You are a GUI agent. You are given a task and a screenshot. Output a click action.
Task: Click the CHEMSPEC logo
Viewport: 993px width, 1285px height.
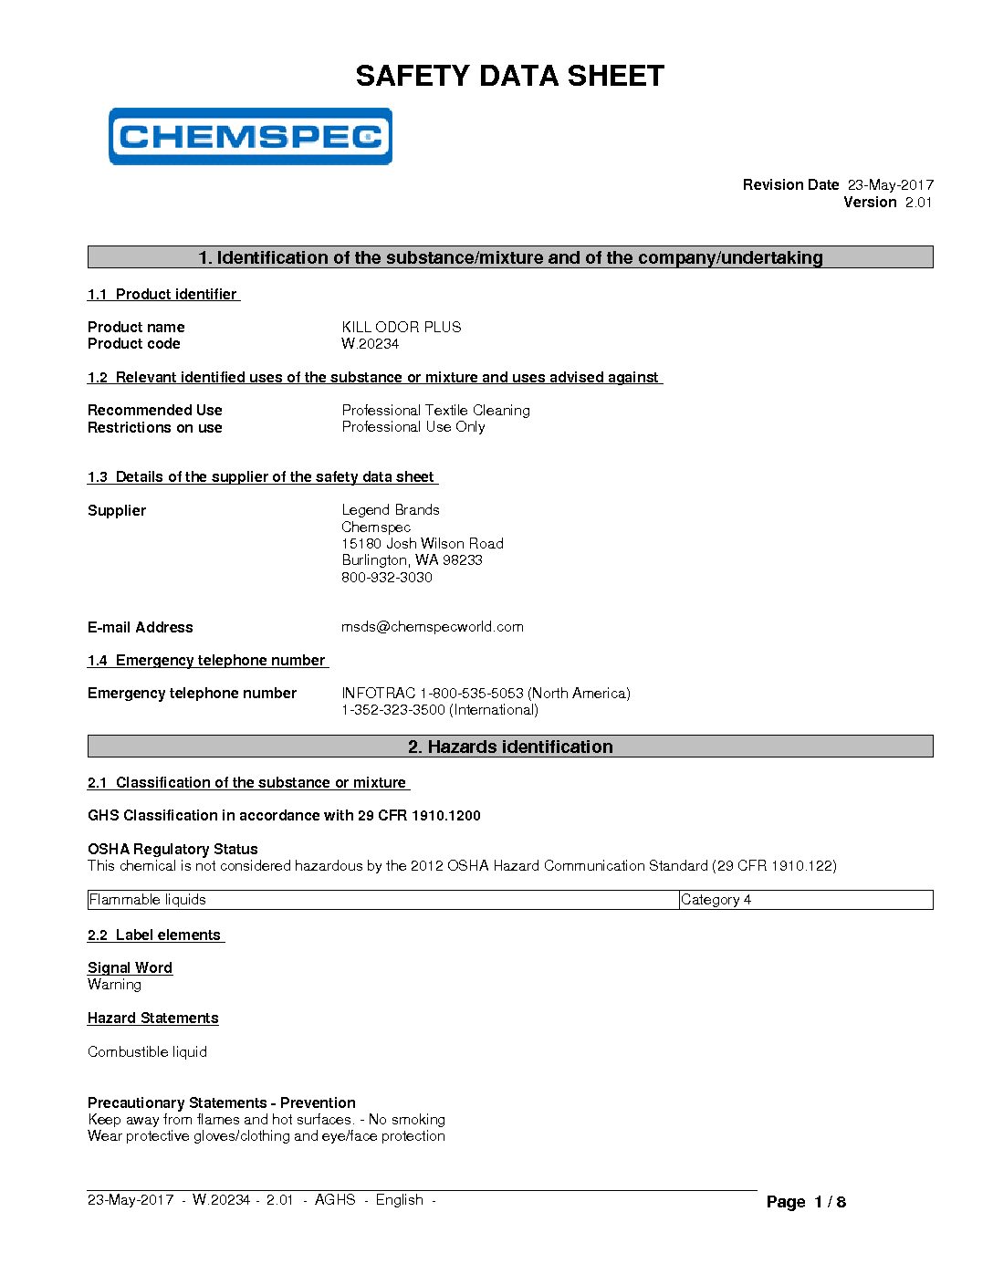point(250,137)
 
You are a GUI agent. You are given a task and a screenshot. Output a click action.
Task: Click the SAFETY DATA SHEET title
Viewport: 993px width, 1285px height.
point(509,76)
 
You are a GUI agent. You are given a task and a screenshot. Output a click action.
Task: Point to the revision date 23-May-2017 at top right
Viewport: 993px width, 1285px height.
point(890,184)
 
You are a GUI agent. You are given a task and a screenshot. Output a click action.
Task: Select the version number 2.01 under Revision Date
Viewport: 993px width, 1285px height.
point(918,202)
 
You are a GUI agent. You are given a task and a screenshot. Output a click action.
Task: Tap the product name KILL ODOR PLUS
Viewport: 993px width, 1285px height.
point(402,327)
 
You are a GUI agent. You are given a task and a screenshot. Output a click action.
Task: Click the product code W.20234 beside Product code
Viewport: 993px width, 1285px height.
point(370,343)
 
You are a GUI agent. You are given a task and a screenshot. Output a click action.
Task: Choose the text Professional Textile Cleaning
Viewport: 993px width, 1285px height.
point(435,410)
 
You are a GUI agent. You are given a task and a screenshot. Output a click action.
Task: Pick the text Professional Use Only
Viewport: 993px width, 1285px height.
point(413,426)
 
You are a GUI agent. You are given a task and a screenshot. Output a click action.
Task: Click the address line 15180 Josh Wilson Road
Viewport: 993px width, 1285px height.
point(423,543)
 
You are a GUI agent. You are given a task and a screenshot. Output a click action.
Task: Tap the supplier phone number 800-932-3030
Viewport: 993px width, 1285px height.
point(387,577)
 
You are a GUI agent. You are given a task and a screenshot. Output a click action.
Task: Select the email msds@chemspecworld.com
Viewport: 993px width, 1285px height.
point(433,626)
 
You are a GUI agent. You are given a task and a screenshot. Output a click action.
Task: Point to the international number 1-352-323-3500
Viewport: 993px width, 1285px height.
point(393,709)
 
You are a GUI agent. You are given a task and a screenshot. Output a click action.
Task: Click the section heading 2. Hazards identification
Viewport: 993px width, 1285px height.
point(510,747)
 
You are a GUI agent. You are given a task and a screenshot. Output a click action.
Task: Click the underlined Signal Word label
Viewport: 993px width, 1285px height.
point(130,967)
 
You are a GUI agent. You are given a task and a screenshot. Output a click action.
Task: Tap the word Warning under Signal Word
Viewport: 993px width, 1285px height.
point(114,984)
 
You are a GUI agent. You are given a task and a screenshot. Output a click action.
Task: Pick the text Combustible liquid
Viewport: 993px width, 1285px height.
point(147,1051)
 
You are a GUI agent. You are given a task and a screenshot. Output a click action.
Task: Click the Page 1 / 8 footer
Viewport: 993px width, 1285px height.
point(806,1201)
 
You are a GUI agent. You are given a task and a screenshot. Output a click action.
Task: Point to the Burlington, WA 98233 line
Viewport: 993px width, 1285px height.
point(412,559)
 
